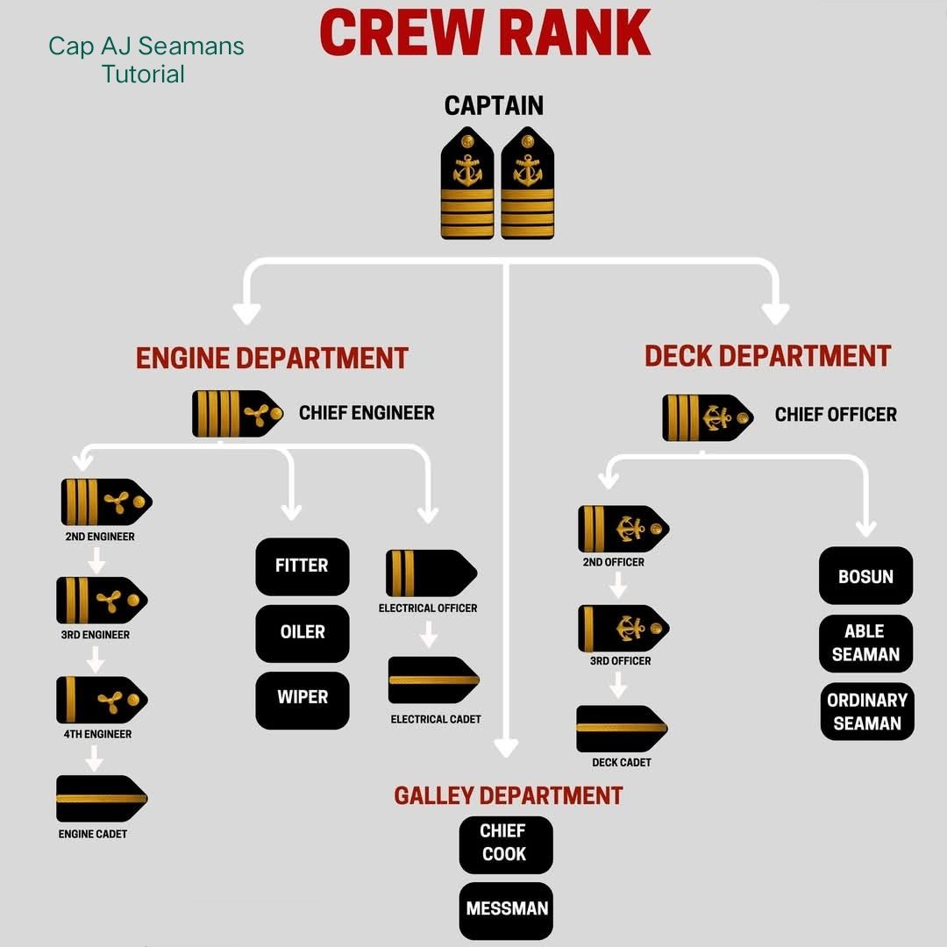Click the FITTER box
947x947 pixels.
point(302,566)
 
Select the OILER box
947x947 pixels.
point(302,634)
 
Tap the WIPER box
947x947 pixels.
point(302,700)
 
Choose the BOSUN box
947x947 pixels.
point(865,575)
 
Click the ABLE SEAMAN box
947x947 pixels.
point(865,644)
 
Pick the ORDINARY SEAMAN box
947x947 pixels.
point(867,711)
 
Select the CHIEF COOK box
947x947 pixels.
point(506,845)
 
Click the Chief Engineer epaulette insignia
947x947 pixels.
point(238,414)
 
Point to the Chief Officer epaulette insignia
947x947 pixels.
point(708,417)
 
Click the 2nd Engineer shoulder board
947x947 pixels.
point(106,502)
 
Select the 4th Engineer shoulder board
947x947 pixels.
point(102,700)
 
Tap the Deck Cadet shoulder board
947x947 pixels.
point(622,729)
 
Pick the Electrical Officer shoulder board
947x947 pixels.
point(431,573)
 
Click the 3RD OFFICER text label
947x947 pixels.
point(620,661)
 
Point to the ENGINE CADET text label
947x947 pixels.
point(92,834)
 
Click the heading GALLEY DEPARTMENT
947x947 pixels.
point(508,795)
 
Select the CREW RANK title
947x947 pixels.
point(485,33)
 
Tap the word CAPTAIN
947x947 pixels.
point(494,106)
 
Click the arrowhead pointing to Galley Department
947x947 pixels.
point(506,748)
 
